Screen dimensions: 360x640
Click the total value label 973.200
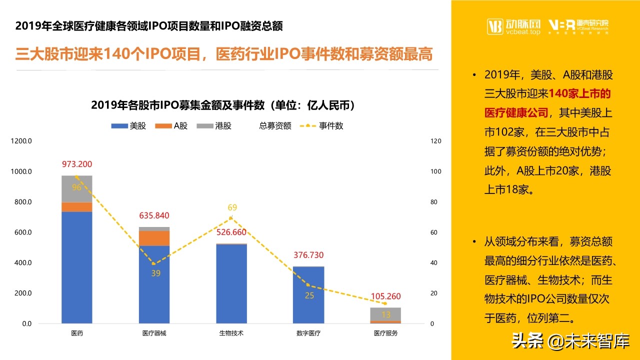tap(77, 164)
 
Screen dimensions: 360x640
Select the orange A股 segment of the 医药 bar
tap(77, 206)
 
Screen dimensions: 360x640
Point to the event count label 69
tap(232, 207)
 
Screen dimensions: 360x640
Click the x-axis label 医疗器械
tap(154, 333)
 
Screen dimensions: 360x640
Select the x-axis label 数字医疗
tap(308, 333)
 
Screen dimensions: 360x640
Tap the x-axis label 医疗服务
tap(385, 333)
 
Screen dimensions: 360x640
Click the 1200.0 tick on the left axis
tap(21, 141)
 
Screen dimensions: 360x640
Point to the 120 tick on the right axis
tap(436, 141)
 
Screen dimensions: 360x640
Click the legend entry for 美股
tap(128, 126)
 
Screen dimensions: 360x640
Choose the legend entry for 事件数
tap(321, 126)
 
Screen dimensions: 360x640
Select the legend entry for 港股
tap(214, 126)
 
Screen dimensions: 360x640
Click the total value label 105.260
tap(385, 296)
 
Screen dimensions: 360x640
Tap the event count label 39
tap(155, 273)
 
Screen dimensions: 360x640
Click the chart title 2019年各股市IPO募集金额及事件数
tap(223, 105)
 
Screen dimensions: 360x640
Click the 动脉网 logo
tap(514, 26)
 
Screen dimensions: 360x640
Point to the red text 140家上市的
tap(579, 93)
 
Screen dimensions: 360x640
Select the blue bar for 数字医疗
tap(308, 295)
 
